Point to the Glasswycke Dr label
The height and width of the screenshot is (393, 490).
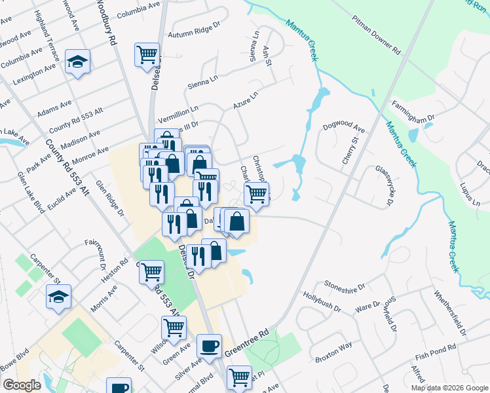382,186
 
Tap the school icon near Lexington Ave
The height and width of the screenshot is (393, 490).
77,62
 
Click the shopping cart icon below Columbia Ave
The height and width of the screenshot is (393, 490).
147,54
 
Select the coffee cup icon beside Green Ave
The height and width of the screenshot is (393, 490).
209,345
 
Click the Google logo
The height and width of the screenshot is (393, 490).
21,385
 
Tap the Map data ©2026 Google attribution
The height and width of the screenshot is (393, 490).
449,388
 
